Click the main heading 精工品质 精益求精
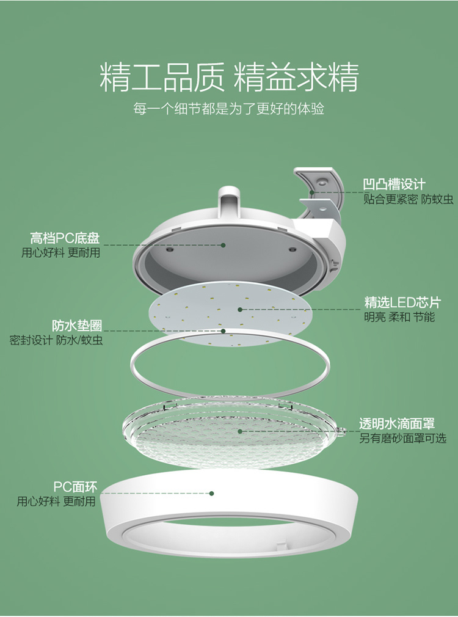(x=229, y=77)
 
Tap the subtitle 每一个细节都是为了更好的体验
(x=228, y=109)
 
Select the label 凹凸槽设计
(x=394, y=184)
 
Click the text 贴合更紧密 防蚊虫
(x=409, y=199)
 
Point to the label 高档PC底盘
(x=65, y=238)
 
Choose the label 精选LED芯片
(x=402, y=302)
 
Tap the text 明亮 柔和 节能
(x=399, y=317)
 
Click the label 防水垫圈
(x=77, y=326)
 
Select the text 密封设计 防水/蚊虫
(x=56, y=340)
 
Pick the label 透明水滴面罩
(x=397, y=423)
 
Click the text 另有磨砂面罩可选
(x=402, y=438)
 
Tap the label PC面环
(x=75, y=487)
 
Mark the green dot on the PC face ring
(x=212, y=494)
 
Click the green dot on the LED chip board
(x=240, y=310)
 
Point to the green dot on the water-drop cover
(x=240, y=431)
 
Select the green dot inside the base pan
(x=223, y=245)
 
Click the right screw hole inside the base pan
(x=292, y=249)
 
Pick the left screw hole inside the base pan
(x=170, y=249)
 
